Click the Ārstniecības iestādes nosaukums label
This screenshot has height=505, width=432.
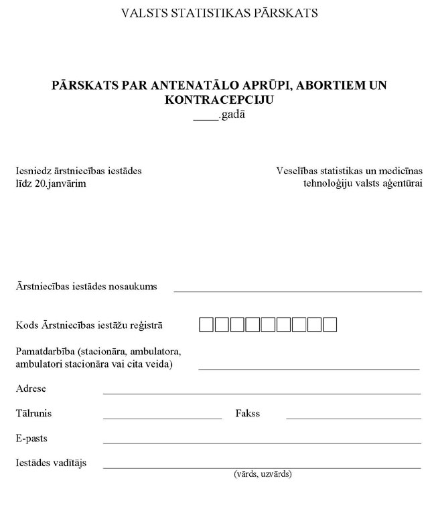[x=86, y=286]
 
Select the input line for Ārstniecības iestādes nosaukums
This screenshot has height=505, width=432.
[x=298, y=291]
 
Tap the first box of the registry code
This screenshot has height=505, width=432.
[x=206, y=326]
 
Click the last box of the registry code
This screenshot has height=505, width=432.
[x=330, y=326]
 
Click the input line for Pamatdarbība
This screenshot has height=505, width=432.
[x=309, y=368]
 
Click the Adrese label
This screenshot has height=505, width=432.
[x=31, y=388]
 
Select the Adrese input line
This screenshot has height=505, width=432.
[x=262, y=393]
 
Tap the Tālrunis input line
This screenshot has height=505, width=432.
[x=162, y=418]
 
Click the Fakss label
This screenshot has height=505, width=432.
[x=248, y=413]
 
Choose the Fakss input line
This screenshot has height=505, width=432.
[x=354, y=418]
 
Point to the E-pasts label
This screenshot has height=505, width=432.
[x=31, y=438]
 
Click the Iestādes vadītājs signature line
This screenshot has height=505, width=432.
[x=262, y=467]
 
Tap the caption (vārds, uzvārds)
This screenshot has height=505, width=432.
[x=262, y=474]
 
